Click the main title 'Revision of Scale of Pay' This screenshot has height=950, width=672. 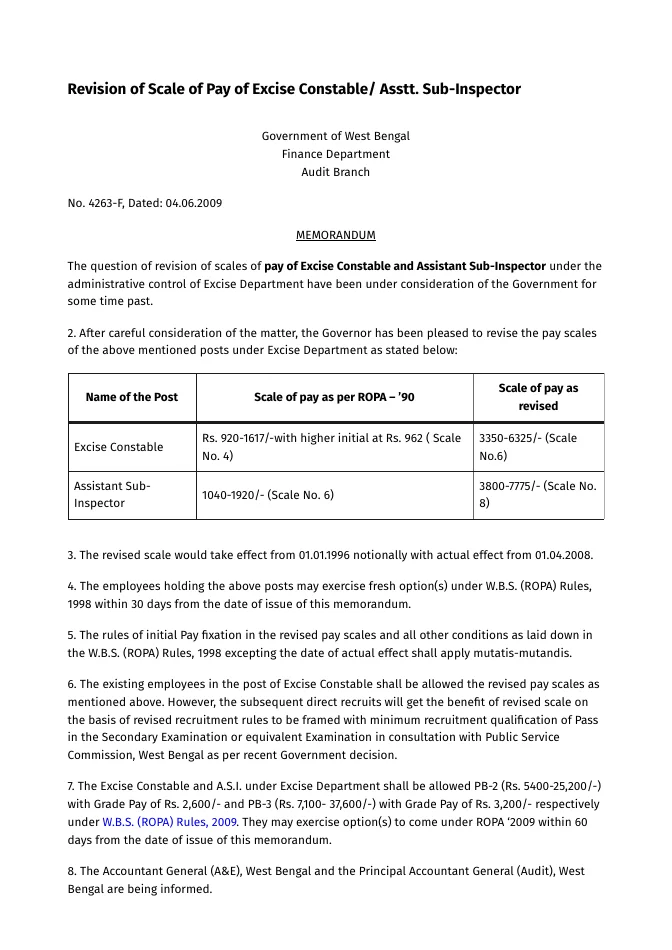point(293,89)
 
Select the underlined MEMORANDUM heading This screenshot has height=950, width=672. point(335,235)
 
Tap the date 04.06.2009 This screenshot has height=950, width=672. point(194,203)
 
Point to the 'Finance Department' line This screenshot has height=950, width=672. point(335,154)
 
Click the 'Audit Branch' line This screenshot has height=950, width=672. point(335,172)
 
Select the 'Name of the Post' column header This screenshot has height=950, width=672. point(132,397)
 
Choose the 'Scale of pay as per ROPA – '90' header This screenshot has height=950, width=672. point(334,397)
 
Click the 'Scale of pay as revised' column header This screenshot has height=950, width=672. point(538,397)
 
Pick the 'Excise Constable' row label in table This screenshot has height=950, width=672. point(116,447)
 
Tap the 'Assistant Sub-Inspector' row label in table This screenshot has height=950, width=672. point(112,494)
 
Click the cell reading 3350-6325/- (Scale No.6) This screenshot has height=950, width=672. point(528,447)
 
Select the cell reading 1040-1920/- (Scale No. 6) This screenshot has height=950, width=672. point(268,494)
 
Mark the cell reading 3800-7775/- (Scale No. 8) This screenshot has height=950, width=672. point(538,494)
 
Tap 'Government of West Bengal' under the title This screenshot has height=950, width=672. point(335,136)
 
